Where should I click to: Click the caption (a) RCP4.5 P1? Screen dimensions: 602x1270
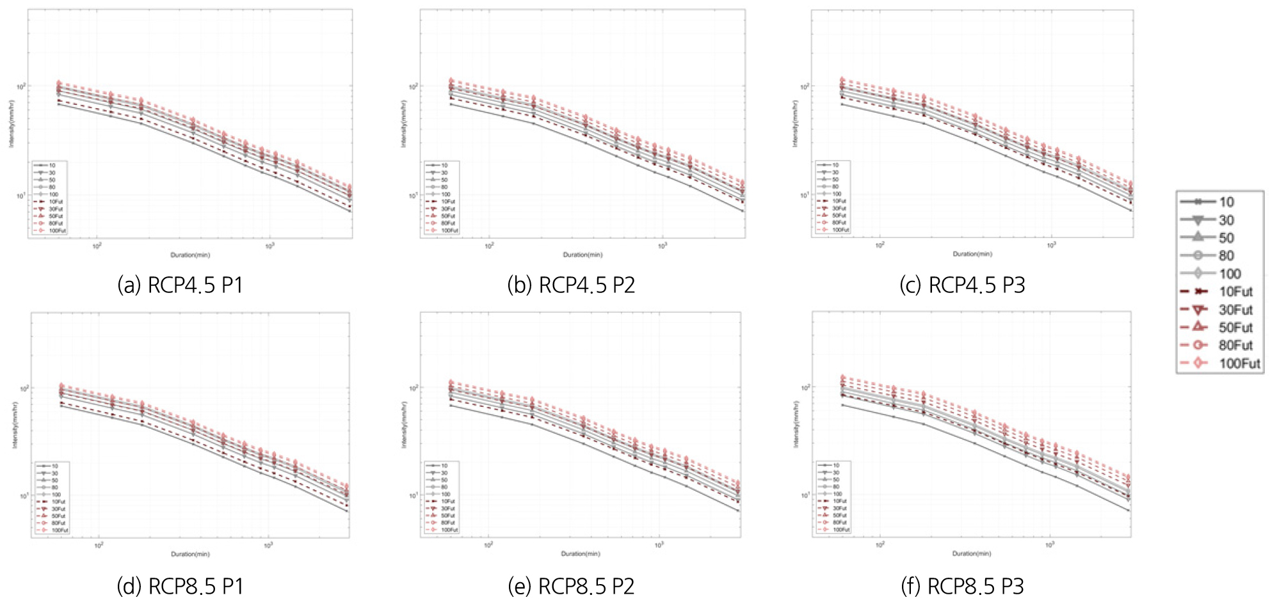[x=180, y=285]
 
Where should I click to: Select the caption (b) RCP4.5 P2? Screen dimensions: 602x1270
[x=571, y=285]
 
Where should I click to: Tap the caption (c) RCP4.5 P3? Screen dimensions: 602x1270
[x=962, y=285]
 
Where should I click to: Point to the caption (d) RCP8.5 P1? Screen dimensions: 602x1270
[x=180, y=586]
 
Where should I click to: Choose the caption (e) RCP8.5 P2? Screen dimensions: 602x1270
[x=571, y=586]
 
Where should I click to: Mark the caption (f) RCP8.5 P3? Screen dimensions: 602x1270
[x=962, y=586]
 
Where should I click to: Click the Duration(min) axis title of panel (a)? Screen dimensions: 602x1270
[x=190, y=255]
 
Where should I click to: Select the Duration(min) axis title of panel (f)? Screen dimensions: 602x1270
[x=971, y=553]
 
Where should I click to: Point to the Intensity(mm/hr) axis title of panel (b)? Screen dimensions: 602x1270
[x=404, y=123]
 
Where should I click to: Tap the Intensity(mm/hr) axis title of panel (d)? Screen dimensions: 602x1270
[x=14, y=425]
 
